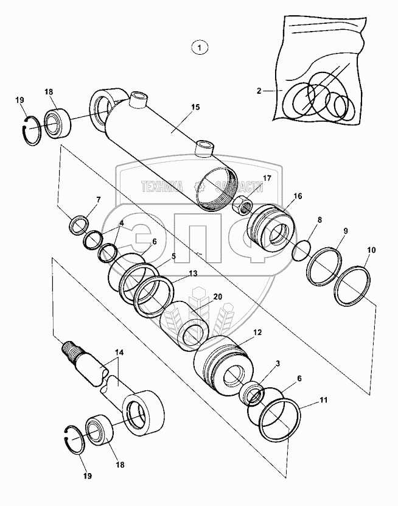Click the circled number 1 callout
point(200,47)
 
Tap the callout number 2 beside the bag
point(259,91)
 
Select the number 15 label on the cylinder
point(195,107)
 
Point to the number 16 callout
point(298,196)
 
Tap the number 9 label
point(346,231)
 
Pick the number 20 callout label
point(218,297)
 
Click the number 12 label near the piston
point(257,332)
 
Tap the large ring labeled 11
point(279,420)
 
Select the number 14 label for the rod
point(119,353)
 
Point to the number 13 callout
point(192,273)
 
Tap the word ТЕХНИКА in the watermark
point(162,186)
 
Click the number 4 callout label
point(121,223)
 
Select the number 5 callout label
point(173,256)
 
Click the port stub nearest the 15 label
point(205,148)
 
